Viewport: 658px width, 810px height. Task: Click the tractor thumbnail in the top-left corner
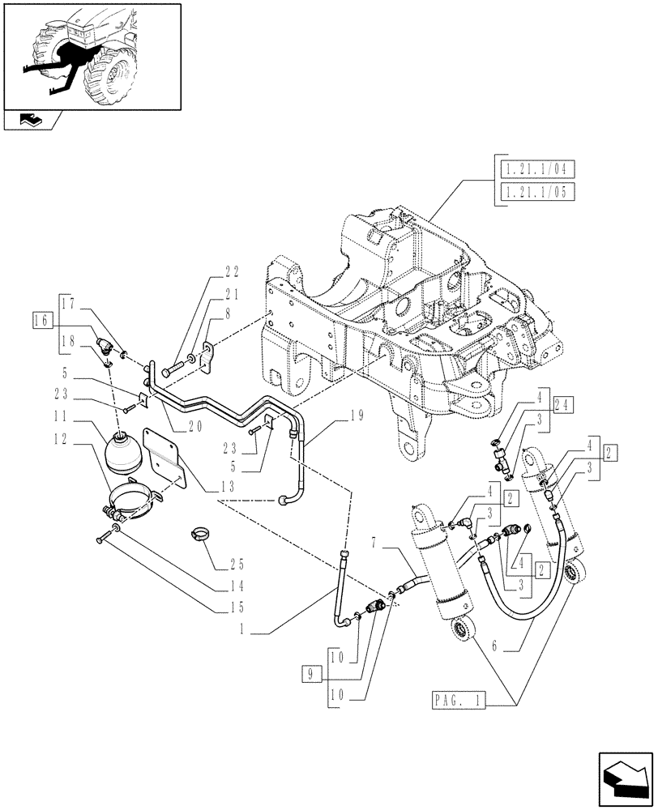92,56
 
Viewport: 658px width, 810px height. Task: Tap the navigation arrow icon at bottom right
624,778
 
